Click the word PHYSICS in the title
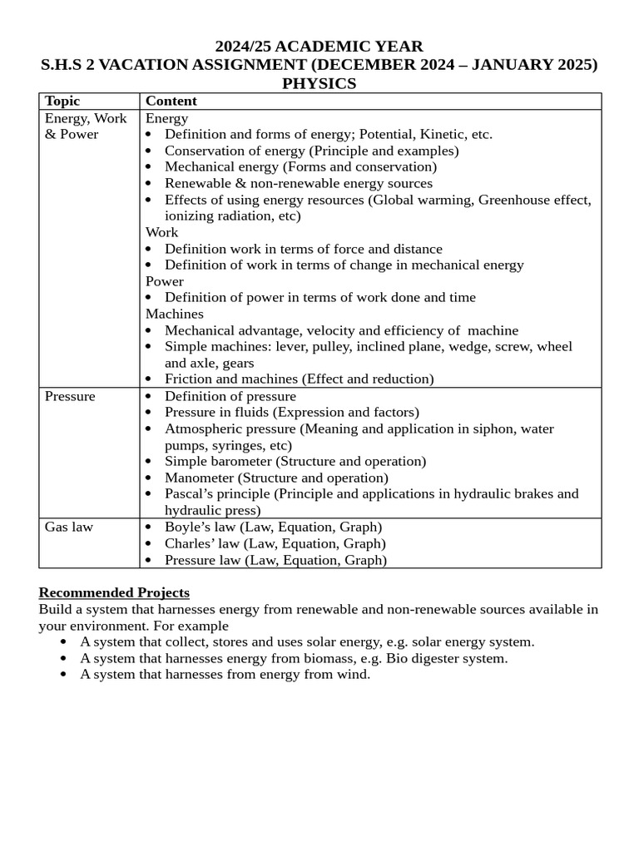pos(319,83)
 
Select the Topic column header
pos(62,101)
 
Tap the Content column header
pos(171,101)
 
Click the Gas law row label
pos(69,527)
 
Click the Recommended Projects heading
pos(114,592)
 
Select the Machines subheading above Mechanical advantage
pos(174,314)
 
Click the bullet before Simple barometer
pos(149,462)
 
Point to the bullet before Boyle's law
pos(149,528)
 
